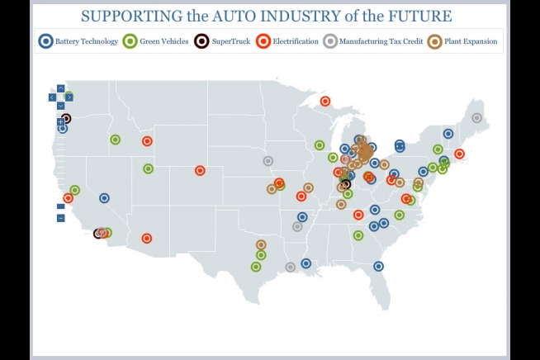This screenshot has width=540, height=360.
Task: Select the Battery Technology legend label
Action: coord(86,40)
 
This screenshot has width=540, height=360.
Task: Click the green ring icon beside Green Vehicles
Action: coord(130,40)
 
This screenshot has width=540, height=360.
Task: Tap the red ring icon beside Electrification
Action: coord(263,40)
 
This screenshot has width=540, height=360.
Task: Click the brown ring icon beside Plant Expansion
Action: coord(434,40)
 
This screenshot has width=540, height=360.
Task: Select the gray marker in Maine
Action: coord(476,118)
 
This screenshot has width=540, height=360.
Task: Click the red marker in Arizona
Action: coord(147,239)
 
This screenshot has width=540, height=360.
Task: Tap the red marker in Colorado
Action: coord(199,171)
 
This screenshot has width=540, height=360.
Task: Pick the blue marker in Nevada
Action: coord(104,198)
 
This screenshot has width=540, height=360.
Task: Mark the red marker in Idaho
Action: coord(147,141)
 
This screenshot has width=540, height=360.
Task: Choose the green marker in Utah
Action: coord(148,169)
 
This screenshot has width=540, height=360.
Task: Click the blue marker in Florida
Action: coord(378,266)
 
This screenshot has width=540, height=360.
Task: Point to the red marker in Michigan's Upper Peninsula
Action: coord(324,101)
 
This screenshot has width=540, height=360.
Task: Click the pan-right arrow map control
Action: coord(69,97)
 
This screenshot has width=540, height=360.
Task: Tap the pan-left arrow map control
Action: coord(53,97)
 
